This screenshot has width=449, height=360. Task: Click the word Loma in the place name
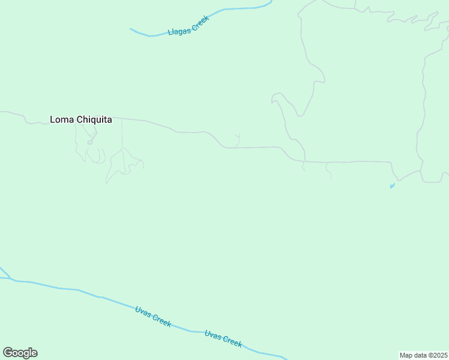click(x=62, y=119)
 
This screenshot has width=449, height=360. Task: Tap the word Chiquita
click(x=94, y=119)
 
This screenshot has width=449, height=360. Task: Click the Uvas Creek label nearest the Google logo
click(x=153, y=316)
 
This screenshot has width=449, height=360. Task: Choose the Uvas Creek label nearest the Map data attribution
click(x=223, y=339)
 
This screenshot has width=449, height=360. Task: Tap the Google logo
click(x=20, y=353)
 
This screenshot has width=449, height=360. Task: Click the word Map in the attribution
click(x=406, y=355)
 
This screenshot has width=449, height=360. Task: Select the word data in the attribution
click(x=421, y=355)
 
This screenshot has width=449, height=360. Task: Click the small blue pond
click(x=392, y=186)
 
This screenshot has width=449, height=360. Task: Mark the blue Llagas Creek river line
click(x=240, y=9)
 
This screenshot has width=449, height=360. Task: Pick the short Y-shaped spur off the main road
click(x=237, y=140)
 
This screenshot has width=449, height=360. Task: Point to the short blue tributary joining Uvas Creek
click(x=4, y=272)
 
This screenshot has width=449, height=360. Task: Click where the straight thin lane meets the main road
click(x=122, y=118)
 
